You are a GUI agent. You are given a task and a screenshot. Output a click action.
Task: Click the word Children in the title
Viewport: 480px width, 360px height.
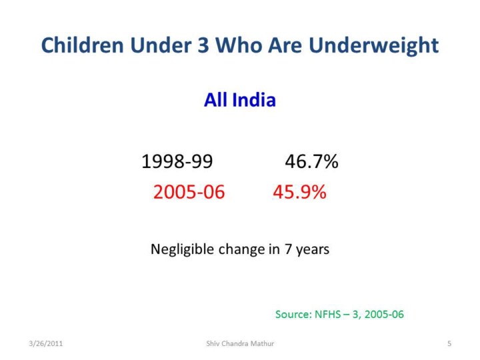coord(83,45)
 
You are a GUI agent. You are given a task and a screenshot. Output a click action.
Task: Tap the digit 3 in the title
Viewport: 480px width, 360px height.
coord(203,45)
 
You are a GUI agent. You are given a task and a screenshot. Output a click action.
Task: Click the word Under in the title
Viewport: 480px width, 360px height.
coord(160,45)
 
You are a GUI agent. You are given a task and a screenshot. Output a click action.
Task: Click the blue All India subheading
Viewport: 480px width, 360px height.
coord(240,100)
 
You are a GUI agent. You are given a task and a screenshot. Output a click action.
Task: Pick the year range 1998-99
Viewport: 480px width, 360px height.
coord(177,161)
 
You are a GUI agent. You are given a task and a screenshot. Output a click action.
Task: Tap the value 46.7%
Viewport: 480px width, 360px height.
coord(311,161)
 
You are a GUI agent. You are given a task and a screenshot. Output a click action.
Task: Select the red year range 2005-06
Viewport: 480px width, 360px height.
coord(189,192)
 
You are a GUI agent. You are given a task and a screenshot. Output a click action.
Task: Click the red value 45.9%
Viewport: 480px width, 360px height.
coord(299,192)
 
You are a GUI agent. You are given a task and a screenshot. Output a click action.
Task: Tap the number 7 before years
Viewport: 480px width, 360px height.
coord(288,249)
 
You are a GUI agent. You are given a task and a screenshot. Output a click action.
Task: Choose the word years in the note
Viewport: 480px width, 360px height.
coord(312,251)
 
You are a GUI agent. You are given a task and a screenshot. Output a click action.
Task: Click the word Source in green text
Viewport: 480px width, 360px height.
coord(293,315)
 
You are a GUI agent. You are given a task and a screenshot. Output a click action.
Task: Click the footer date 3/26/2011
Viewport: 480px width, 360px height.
coord(45,343)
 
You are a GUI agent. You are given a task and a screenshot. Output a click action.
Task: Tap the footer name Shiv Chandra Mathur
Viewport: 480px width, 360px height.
coord(240,343)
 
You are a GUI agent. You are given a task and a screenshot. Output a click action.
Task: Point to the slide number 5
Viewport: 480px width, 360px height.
coord(449,343)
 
